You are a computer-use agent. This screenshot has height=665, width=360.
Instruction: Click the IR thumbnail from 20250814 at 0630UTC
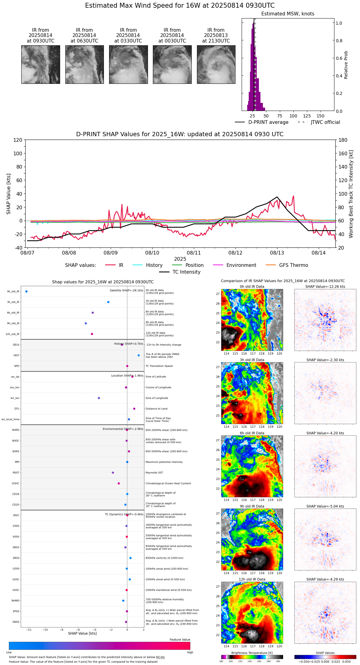84,64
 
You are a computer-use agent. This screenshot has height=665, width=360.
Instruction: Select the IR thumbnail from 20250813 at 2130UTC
216,64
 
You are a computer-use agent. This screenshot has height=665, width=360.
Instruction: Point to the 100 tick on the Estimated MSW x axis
293,116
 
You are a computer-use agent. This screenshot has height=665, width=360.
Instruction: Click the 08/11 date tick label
194,253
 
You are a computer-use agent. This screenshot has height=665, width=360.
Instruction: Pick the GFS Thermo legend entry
293,265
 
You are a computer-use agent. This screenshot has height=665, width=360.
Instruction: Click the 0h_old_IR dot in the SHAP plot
27,291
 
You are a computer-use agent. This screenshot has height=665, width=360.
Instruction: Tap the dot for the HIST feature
139,355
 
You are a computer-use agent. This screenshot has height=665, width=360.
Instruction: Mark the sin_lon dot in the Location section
99,398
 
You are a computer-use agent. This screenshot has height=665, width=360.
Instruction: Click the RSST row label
16,473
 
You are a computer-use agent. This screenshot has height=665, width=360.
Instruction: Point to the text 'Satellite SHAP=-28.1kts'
126,291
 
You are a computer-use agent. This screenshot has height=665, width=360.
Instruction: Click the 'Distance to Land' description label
156,409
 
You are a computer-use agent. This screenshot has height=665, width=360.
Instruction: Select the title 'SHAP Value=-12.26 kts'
325,287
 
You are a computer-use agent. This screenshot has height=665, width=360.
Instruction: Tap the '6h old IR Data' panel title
252,433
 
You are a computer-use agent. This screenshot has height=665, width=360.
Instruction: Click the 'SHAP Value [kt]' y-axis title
9,194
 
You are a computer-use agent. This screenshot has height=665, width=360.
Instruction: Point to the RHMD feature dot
123,601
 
